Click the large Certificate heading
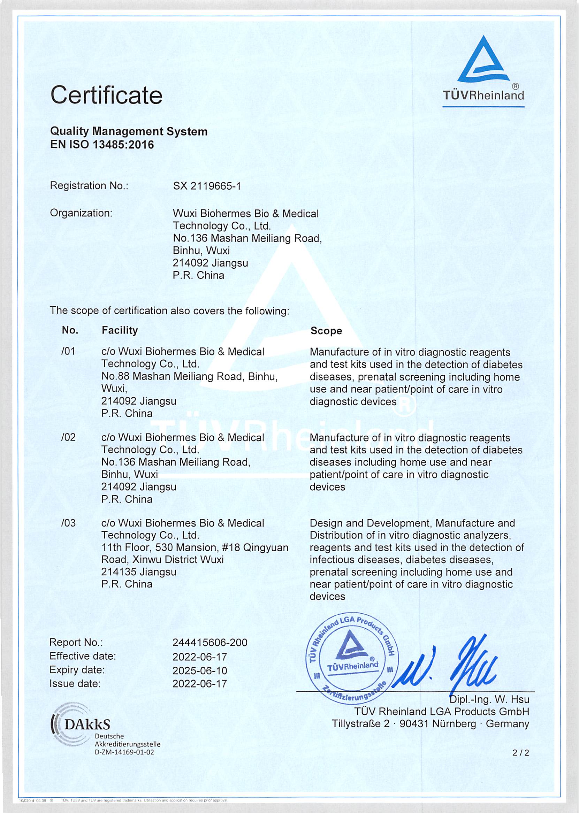click(x=106, y=95)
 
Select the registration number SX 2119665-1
click(x=206, y=186)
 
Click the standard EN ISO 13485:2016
click(x=102, y=145)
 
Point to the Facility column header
click(x=120, y=330)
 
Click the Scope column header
click(x=326, y=331)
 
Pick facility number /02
click(x=68, y=437)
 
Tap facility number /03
click(x=68, y=523)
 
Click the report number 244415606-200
click(x=209, y=642)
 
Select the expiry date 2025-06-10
click(x=200, y=670)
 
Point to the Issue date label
click(x=75, y=684)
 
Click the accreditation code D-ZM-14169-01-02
click(x=125, y=752)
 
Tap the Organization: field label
click(x=81, y=213)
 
